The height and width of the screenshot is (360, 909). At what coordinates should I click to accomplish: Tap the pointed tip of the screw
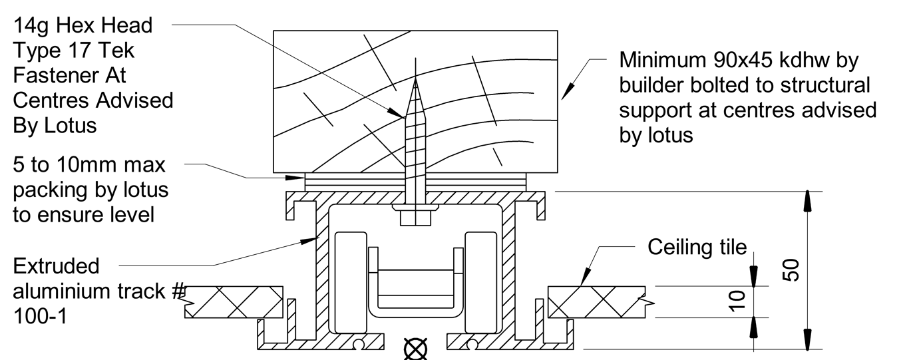coord(415,81)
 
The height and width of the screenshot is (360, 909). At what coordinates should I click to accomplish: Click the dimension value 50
coord(791,271)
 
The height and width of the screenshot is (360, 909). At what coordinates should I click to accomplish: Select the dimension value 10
coord(735,301)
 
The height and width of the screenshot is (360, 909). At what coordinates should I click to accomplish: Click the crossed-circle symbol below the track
coord(416,349)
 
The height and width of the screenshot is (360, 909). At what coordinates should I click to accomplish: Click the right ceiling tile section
coord(596,301)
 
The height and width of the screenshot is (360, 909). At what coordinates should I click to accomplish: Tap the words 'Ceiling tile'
coord(697,248)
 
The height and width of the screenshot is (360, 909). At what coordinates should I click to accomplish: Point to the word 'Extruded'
coord(56,266)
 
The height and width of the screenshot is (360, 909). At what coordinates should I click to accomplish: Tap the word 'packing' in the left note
coord(53,190)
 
